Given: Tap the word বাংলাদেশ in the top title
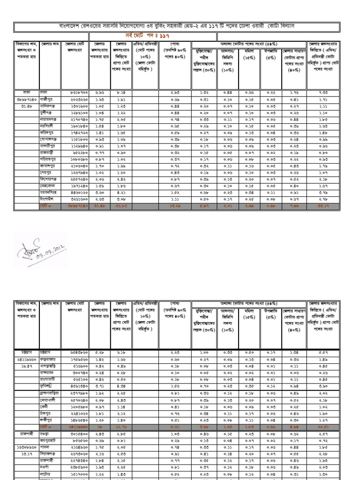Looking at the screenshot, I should point(69,25).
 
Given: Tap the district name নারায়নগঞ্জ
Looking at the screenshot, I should point(48,120).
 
